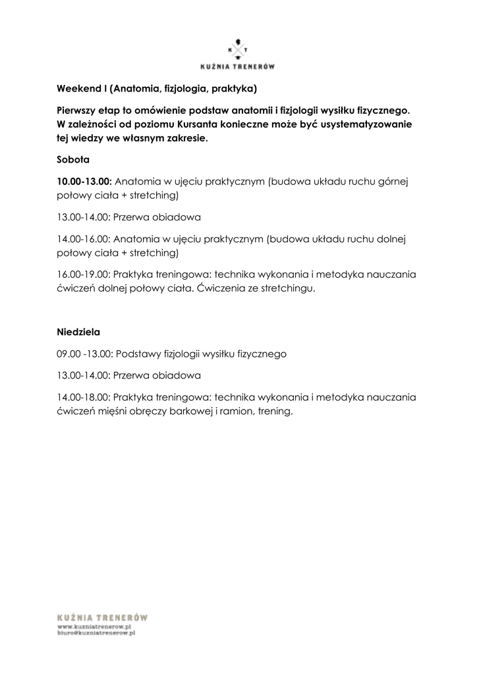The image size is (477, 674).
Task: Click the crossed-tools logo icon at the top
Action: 238,49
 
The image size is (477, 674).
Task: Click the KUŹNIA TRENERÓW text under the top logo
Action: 238,66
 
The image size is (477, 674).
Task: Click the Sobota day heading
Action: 72,159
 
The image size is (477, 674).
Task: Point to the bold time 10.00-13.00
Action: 84,181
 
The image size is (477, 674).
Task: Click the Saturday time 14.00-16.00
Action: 84,239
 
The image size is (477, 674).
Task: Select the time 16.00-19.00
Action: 84,275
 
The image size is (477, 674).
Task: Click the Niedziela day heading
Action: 78,332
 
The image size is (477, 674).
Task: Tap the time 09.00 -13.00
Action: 86,354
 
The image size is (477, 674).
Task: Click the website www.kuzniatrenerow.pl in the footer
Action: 96,628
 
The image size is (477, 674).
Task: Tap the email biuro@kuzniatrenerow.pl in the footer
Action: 96,635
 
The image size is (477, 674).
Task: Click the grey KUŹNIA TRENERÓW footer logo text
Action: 102,618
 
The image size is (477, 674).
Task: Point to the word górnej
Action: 395,181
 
